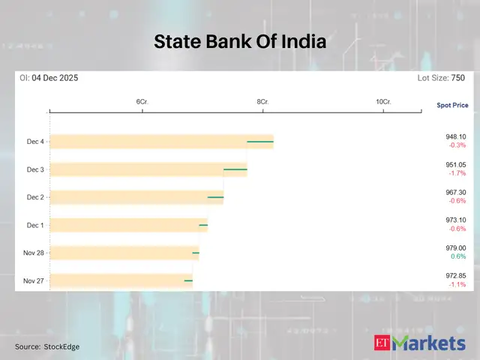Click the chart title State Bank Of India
point(240,42)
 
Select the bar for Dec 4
point(161,142)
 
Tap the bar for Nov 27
point(120,280)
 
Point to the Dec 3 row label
point(35,169)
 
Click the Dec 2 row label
point(35,197)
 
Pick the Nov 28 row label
point(34,253)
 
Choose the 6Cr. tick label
point(142,101)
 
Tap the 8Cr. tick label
point(262,101)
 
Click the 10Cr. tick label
point(383,101)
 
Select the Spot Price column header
point(452,105)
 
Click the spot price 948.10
point(455,137)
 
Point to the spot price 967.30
point(455,193)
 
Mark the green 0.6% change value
point(457,256)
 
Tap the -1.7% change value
point(457,173)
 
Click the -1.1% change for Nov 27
point(457,284)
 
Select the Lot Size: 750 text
point(442,78)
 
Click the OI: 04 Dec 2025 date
point(49,78)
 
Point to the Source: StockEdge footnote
point(47,346)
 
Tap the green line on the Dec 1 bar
point(203,225)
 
